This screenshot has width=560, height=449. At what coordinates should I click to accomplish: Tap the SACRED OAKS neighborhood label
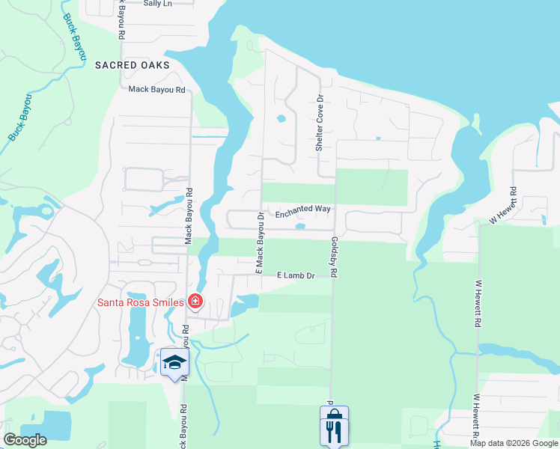pyautogui.click(x=133, y=65)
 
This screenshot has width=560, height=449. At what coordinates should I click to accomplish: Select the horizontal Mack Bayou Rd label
pyautogui.click(x=156, y=90)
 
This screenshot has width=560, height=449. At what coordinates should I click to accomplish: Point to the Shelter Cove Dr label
pyautogui.click(x=319, y=123)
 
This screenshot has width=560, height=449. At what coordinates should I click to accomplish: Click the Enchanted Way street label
pyautogui.click(x=303, y=215)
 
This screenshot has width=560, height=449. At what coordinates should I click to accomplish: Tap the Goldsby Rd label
pyautogui.click(x=334, y=258)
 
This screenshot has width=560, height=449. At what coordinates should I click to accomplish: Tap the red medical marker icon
pyautogui.click(x=195, y=302)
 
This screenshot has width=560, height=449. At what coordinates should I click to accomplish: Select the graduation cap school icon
pyautogui.click(x=174, y=363)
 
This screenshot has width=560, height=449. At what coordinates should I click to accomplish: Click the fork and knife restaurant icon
pyautogui.click(x=333, y=428)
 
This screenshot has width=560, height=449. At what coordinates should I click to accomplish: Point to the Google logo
pyautogui.click(x=25, y=440)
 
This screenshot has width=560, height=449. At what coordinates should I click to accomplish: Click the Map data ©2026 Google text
pyautogui.click(x=514, y=443)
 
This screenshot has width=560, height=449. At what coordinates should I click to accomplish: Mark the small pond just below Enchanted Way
pyautogui.click(x=300, y=226)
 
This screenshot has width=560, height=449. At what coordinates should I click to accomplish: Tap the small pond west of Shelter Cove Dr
pyautogui.click(x=281, y=118)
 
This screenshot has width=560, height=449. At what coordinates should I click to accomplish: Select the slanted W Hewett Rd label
pyautogui.click(x=503, y=207)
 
